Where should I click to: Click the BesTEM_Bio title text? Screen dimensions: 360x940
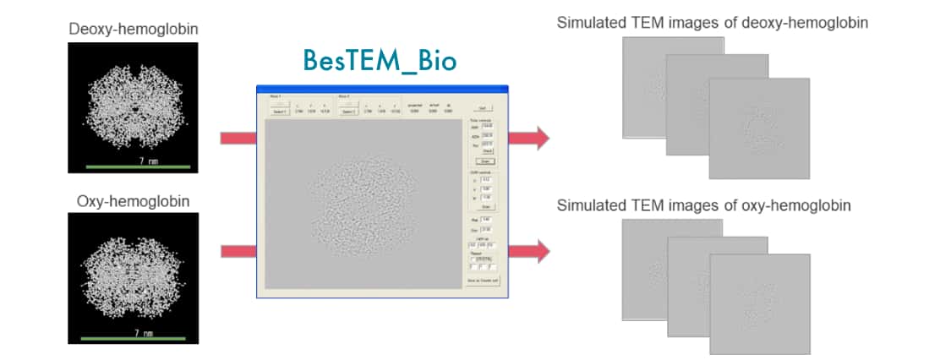tap(380, 61)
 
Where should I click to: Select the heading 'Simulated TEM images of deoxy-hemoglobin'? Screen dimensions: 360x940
tap(712, 23)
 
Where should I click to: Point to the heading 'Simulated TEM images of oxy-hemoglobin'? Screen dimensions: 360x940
tap(703, 205)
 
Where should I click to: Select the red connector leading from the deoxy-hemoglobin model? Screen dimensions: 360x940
tap(238, 138)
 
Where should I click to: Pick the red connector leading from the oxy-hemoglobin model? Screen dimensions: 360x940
tap(238, 251)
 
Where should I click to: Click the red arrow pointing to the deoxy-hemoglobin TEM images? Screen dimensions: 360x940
tap(530, 138)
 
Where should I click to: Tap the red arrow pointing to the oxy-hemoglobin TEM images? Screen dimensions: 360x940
tap(530, 251)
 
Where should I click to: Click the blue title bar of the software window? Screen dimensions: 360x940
tap(382, 89)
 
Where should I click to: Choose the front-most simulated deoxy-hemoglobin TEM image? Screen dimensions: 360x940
tap(758, 128)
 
